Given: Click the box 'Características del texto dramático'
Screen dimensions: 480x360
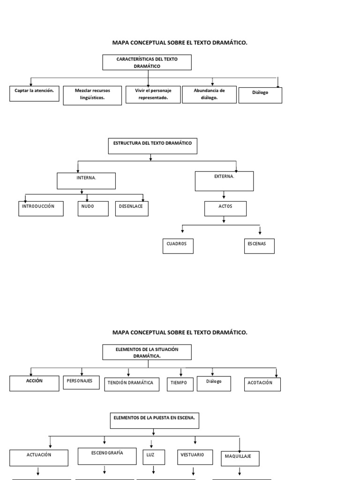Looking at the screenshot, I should tap(147, 62).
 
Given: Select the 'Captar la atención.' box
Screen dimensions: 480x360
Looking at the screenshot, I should tap(34, 93).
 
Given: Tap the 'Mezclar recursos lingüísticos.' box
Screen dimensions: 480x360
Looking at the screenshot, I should tap(92, 95).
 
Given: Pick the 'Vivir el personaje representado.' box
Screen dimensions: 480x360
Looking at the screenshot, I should tap(153, 94).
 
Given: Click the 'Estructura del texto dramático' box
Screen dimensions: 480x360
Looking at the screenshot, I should tap(153, 146).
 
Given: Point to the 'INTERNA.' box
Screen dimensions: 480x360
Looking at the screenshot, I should tap(86, 180).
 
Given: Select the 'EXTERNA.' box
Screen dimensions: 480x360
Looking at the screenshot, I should tap(224, 181).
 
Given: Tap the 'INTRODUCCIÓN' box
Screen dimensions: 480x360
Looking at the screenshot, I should tap(41, 208).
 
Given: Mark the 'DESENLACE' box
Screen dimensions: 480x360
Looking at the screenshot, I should tap(132, 208).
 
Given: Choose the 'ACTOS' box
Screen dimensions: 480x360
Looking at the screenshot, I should tap(225, 208).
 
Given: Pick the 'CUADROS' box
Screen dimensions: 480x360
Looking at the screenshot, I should tap(178, 246).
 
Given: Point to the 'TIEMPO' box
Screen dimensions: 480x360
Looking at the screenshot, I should tap(180, 384).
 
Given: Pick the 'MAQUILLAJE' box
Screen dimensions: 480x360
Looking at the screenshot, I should tap(240, 458).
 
